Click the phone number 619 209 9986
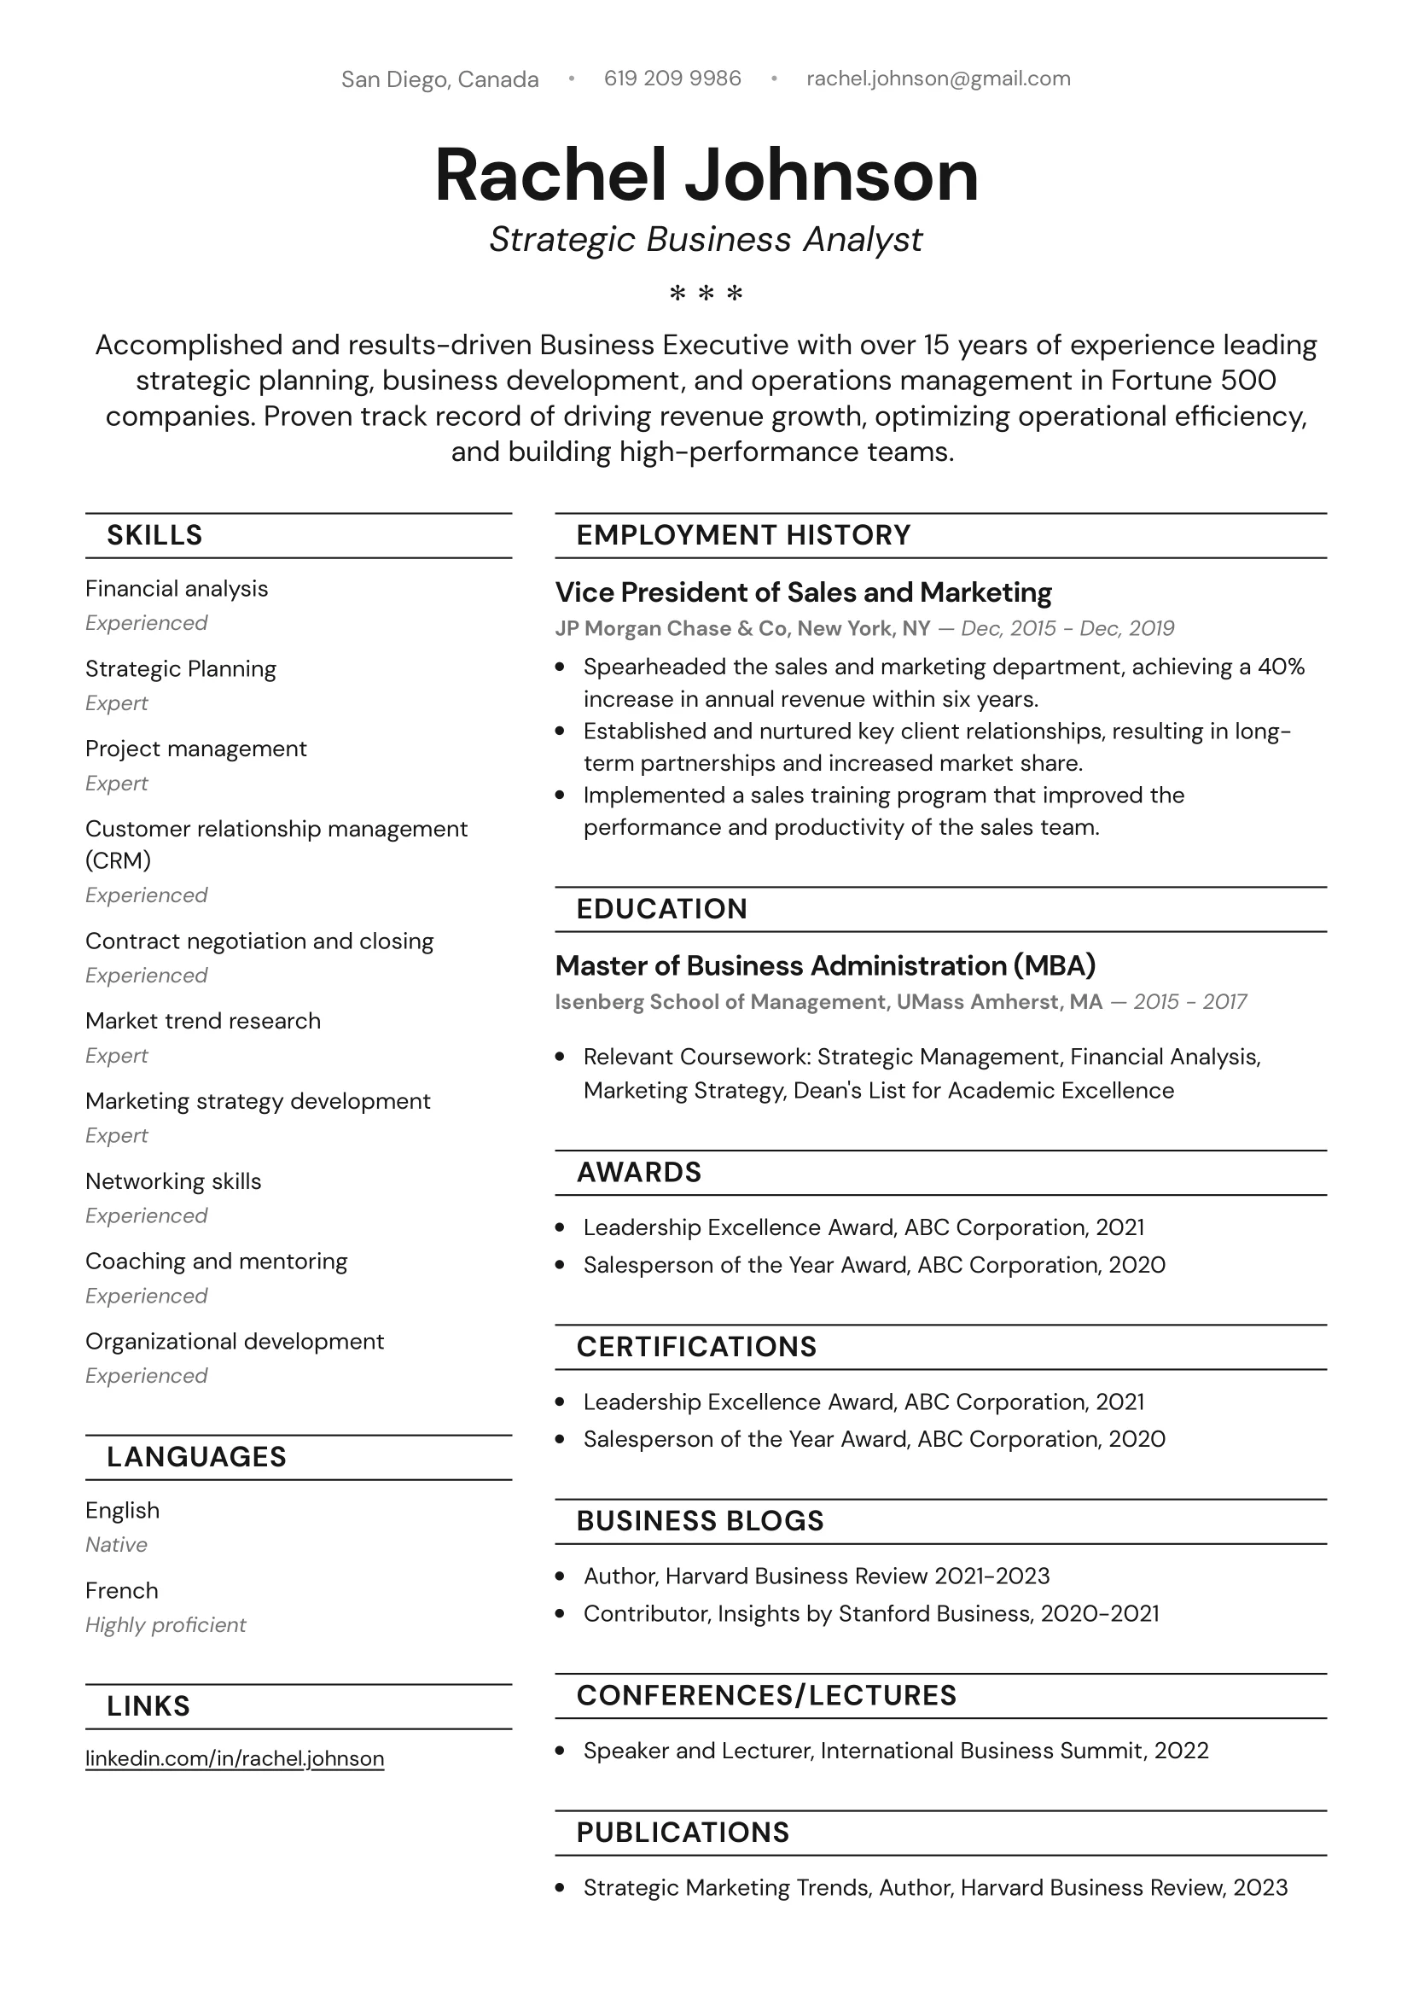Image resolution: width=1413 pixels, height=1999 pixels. tap(672, 79)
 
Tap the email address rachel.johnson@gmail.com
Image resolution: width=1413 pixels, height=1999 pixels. tap(938, 79)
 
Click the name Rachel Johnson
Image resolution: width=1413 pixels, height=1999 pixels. tap(706, 175)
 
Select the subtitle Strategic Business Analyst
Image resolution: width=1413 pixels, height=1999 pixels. tap(705, 240)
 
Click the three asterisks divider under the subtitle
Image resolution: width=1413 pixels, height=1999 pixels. tap(706, 294)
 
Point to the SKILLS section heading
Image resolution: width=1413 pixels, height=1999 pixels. tap(154, 534)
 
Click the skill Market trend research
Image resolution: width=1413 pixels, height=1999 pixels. tap(203, 1020)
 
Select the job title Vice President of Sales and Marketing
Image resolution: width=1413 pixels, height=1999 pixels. tap(803, 592)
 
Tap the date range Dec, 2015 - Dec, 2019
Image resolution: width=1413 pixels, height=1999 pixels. tap(1067, 628)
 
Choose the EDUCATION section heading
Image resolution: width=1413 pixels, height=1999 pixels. tap(661, 909)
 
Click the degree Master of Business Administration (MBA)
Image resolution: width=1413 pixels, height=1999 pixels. tap(824, 965)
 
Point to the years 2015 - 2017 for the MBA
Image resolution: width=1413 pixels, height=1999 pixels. tap(1189, 1002)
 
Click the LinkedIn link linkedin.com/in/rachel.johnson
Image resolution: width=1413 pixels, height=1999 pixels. tap(234, 1757)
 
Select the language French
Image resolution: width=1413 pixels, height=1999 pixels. tap(122, 1591)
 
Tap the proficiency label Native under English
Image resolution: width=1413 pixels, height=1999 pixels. tap(116, 1545)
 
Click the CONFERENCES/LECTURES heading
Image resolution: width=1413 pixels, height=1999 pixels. tap(766, 1695)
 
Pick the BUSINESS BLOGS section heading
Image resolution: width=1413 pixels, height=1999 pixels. tap(699, 1521)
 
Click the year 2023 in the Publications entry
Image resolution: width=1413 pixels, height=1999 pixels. tap(1259, 1887)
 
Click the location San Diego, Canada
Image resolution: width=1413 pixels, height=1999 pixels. tap(439, 79)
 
